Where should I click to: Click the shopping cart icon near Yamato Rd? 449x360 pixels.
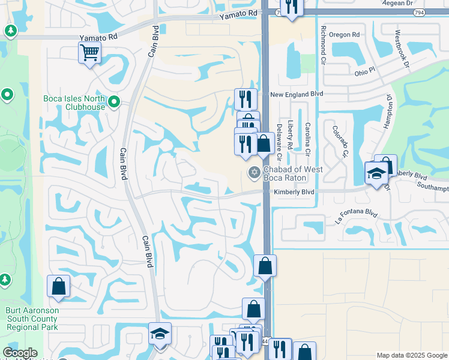pos(89,52)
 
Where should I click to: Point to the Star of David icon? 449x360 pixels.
pos(253,173)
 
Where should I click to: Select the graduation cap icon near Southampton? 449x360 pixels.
pos(376,173)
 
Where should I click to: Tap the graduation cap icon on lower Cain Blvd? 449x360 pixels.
pos(160,334)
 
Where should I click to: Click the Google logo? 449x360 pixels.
pos(20,353)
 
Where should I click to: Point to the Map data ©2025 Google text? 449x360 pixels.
pos(412,355)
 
